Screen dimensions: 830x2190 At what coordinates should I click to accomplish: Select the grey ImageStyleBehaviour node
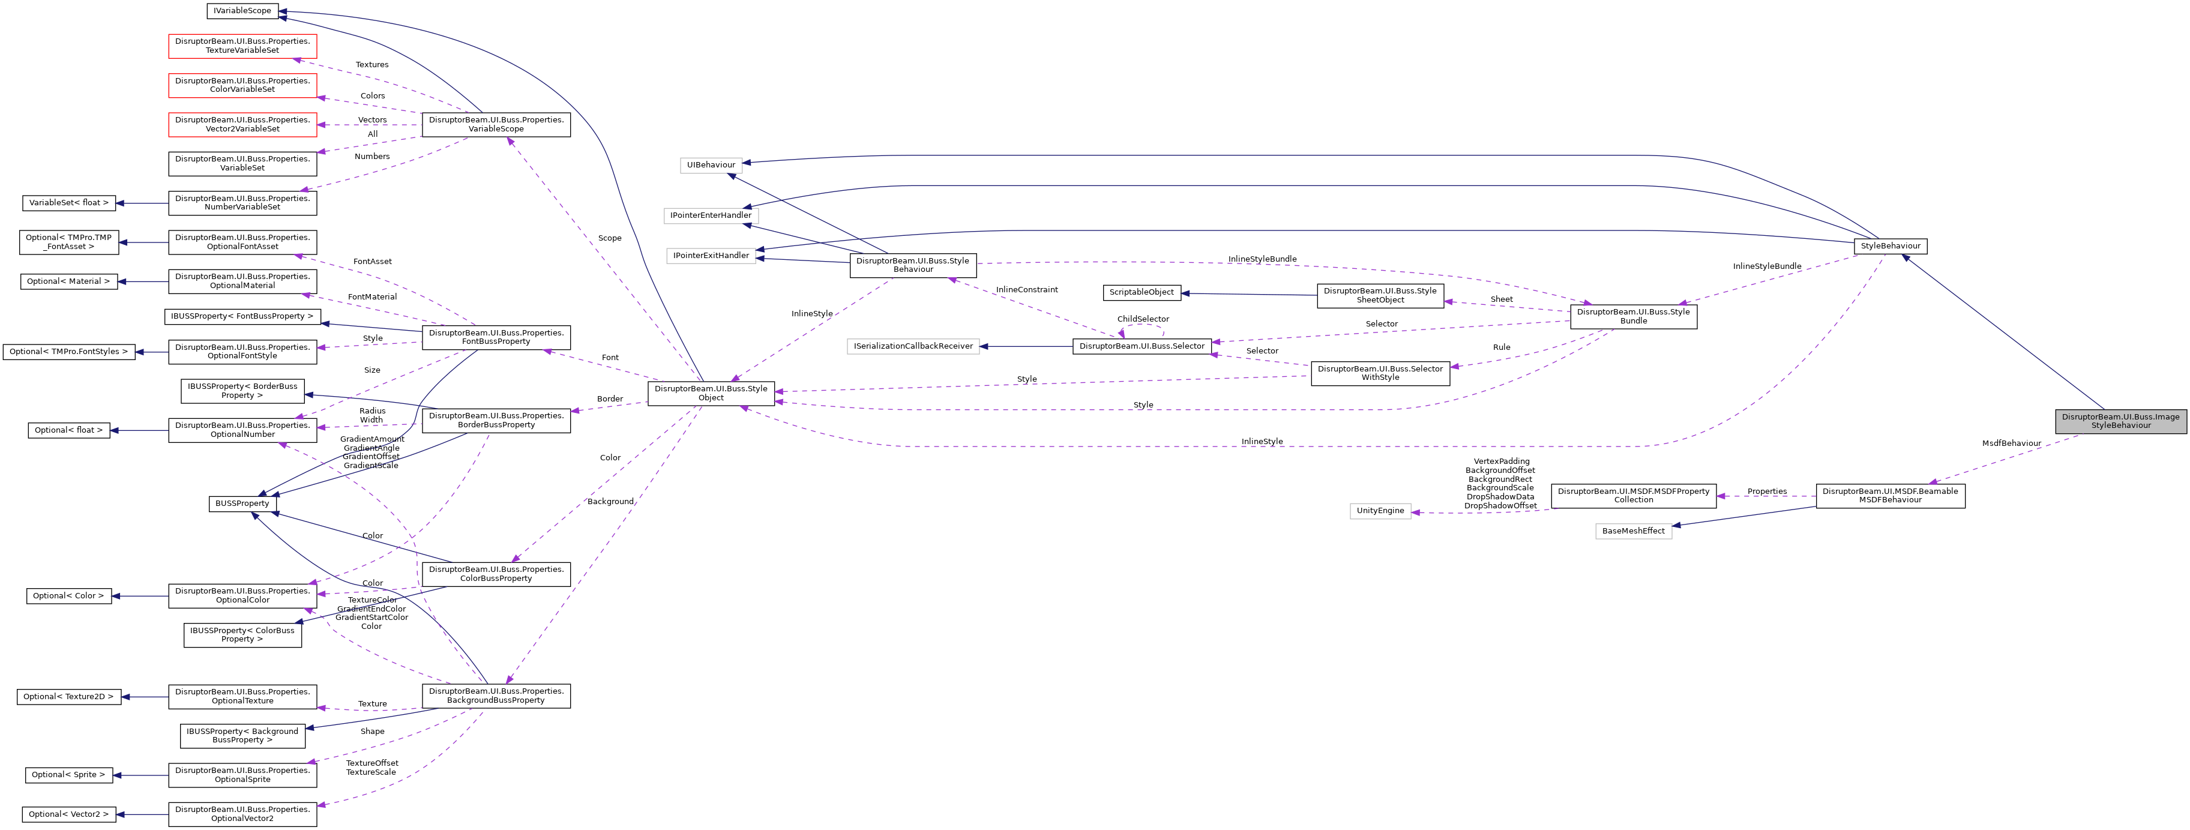pyautogui.click(x=2120, y=421)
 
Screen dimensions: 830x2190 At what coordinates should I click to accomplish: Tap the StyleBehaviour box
pyautogui.click(x=1890, y=246)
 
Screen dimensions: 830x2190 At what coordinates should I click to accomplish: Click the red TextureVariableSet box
pyautogui.click(x=242, y=46)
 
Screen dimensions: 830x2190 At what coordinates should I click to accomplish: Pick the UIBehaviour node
pyautogui.click(x=711, y=165)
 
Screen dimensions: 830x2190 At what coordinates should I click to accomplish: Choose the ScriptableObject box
pyautogui.click(x=1141, y=292)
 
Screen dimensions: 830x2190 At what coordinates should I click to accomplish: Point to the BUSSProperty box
pyautogui.click(x=242, y=504)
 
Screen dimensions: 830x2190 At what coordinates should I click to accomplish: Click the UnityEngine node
pyautogui.click(x=1380, y=511)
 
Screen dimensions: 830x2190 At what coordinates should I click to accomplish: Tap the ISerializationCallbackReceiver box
pyautogui.click(x=913, y=346)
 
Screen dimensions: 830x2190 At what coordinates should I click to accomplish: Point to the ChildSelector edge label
pyautogui.click(x=1143, y=319)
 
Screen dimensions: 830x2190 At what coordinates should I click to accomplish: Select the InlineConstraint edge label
pyautogui.click(x=1026, y=290)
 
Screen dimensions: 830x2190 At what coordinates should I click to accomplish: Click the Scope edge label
pyautogui.click(x=610, y=238)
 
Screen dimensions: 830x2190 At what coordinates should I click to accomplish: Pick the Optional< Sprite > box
pyautogui.click(x=68, y=775)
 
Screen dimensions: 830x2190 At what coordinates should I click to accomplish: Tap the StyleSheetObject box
pyautogui.click(x=1379, y=295)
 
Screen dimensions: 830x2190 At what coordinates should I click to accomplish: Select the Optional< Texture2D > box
pyautogui.click(x=68, y=697)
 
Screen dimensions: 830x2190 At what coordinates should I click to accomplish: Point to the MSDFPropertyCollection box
pyautogui.click(x=1633, y=496)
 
